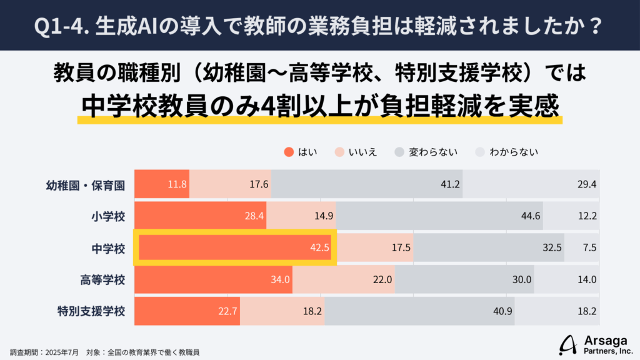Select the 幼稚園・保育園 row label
86,184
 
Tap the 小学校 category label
107,216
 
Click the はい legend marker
288,151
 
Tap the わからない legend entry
506,151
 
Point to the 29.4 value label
587,184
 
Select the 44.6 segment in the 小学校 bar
439,216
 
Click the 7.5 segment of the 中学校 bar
582,247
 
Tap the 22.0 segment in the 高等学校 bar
344,279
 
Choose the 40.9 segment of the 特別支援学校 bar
419,311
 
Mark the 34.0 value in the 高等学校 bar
281,279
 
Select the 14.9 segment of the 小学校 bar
301,216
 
